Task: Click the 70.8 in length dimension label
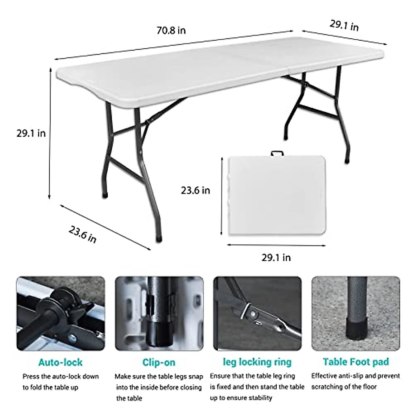coord(171,30)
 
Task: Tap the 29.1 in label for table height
coord(31,133)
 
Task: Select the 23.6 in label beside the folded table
coord(195,190)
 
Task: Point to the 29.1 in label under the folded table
coord(276,257)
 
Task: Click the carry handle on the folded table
coord(276,152)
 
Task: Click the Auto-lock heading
coord(60,362)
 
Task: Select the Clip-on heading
coord(159,363)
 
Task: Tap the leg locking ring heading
coord(257,362)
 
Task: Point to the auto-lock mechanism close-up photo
coord(60,313)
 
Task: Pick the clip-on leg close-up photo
coord(159,313)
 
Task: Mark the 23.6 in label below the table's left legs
coord(82,235)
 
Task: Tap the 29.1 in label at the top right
coord(344,26)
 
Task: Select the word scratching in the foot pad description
coord(328,387)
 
